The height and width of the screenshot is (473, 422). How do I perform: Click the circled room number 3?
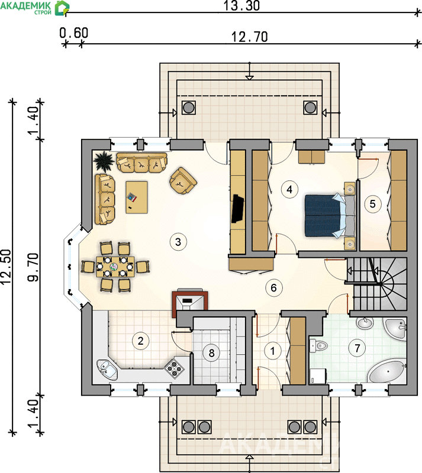click(178, 242)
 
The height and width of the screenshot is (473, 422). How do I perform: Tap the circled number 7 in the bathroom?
click(357, 348)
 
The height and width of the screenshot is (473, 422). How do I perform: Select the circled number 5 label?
click(372, 204)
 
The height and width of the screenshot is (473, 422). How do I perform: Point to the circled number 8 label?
click(211, 352)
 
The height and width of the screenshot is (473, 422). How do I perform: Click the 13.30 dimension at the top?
click(241, 6)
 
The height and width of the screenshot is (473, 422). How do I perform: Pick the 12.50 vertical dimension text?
click(7, 267)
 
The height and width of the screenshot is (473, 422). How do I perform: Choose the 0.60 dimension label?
click(74, 33)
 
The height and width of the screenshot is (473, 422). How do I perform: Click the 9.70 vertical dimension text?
click(34, 267)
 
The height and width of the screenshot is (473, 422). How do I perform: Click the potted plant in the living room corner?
click(104, 160)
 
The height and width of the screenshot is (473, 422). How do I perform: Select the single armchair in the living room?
click(183, 180)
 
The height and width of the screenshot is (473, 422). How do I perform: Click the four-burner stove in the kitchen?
click(174, 368)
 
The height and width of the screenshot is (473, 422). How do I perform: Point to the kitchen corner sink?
click(107, 370)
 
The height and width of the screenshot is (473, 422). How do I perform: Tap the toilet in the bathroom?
click(318, 345)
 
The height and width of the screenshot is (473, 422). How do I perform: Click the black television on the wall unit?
click(238, 209)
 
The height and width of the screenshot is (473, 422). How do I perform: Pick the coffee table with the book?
click(137, 197)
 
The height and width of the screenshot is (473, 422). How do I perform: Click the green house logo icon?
click(62, 8)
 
